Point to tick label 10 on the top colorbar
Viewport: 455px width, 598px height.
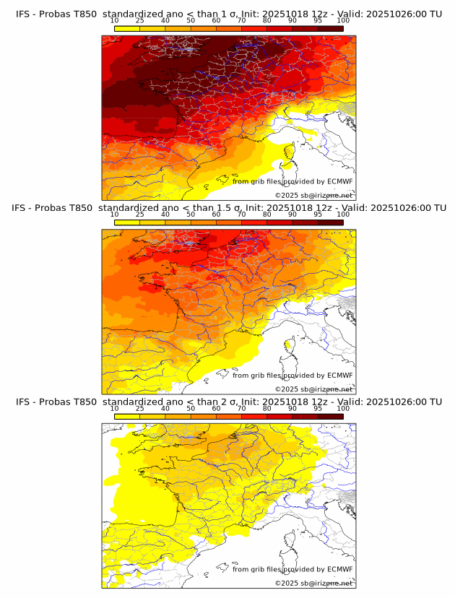(115, 21)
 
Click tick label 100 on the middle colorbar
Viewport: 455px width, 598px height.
(343, 214)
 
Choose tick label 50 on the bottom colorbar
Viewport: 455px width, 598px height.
(191, 408)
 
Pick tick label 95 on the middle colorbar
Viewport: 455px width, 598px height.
(318, 214)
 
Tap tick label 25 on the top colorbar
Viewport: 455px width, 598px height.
(140, 21)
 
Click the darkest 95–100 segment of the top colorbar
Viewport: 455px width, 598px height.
(330, 28)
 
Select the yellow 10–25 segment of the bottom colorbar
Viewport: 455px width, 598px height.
(127, 416)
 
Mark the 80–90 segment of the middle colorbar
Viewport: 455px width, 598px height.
(279, 222)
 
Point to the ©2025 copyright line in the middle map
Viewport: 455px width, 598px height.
(313, 389)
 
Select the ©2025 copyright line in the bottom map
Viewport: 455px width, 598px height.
(313, 583)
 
